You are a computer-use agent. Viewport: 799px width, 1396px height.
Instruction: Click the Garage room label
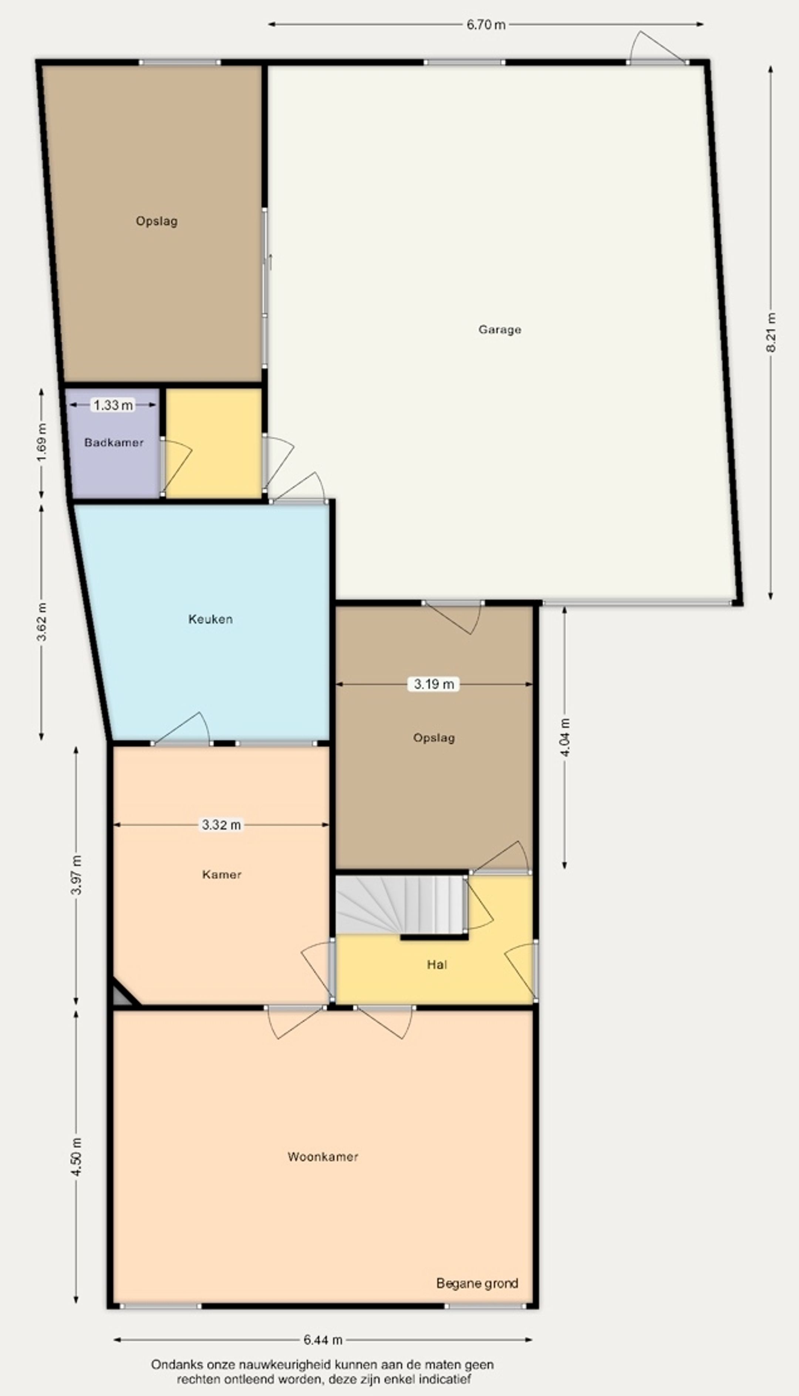tap(499, 330)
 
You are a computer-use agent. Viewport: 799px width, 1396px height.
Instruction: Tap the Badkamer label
tap(114, 442)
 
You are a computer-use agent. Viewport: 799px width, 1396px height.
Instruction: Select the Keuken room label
tap(210, 619)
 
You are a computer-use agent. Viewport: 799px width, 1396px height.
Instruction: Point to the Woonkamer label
tap(323, 1156)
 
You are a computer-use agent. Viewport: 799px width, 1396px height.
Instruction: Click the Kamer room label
tap(222, 874)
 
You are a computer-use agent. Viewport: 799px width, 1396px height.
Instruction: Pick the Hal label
tap(437, 964)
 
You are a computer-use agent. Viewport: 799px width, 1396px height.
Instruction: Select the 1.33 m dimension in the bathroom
tap(113, 405)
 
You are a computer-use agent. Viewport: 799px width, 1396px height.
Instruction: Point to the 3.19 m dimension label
tap(434, 684)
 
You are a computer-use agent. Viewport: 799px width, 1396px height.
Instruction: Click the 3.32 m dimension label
tap(221, 824)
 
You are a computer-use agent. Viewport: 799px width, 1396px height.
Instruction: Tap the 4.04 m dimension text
tap(565, 737)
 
